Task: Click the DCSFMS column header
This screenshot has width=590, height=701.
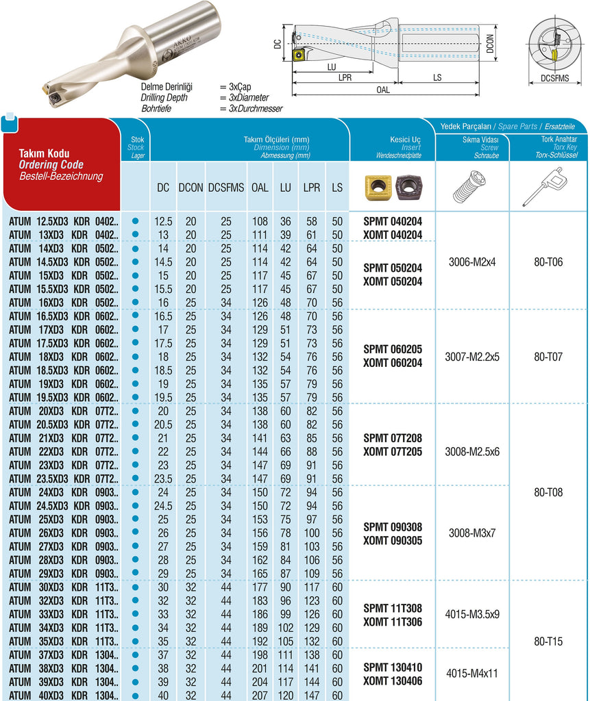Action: coord(225,187)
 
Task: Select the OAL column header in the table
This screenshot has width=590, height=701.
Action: coord(260,187)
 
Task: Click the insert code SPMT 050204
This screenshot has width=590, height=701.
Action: coord(393,268)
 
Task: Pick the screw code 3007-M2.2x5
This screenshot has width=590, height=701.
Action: coord(472,357)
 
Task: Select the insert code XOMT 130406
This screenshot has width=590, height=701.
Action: coord(393,681)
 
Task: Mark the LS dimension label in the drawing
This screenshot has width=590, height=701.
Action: coord(437,77)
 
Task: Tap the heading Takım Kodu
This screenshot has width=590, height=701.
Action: coord(44,154)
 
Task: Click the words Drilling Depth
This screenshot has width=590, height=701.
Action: coord(165,98)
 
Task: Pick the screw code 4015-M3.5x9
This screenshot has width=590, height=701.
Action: coord(472,614)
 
